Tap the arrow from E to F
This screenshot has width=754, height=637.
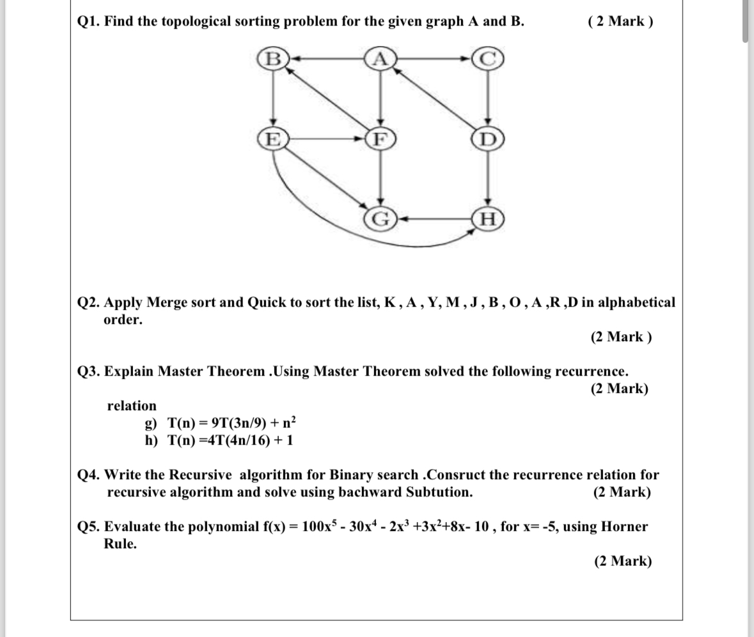point(326,137)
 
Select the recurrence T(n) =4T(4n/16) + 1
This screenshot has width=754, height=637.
point(230,440)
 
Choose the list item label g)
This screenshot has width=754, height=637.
point(151,423)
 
